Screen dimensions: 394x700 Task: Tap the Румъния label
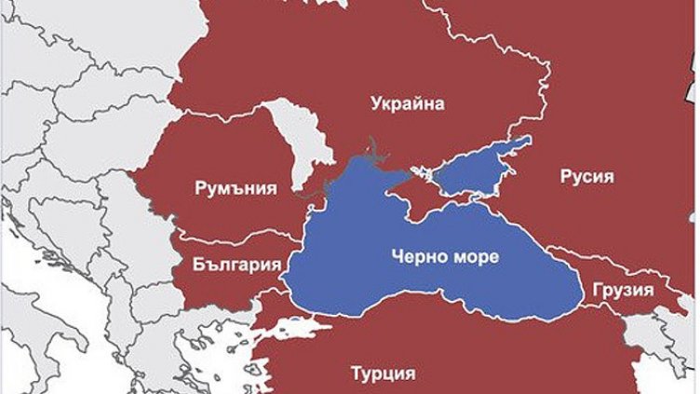pos(236,188)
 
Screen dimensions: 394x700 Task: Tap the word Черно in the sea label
pos(414,254)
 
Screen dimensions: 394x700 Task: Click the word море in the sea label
pos(474,254)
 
